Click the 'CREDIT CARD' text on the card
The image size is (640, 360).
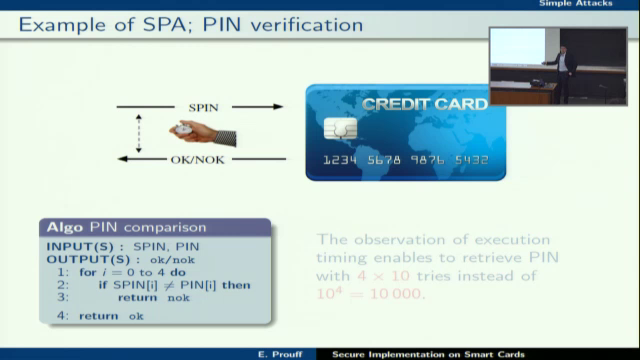(x=425, y=104)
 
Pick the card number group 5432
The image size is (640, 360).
(x=470, y=160)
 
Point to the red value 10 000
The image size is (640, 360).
(x=389, y=294)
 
